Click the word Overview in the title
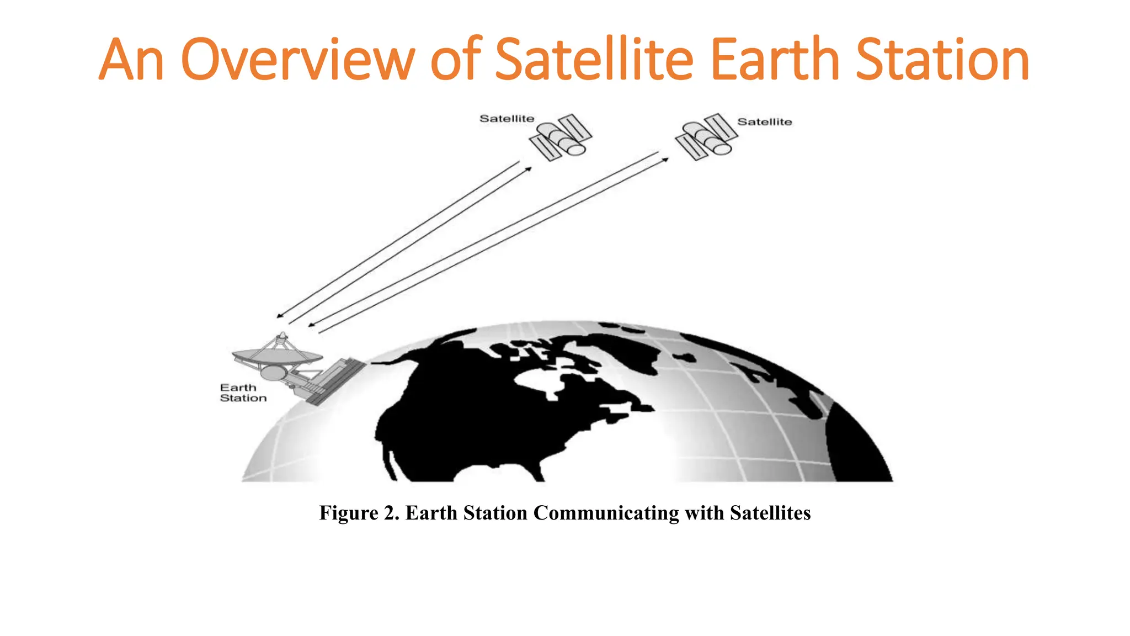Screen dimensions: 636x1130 (x=298, y=59)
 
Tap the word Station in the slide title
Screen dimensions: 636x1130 (x=942, y=59)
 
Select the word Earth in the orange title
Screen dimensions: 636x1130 (x=777, y=59)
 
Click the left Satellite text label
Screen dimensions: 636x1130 (x=507, y=119)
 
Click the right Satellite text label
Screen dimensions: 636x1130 (x=764, y=122)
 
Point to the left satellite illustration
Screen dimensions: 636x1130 (x=561, y=138)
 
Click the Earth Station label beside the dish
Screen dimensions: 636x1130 (x=243, y=393)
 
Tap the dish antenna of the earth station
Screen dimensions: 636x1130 (x=277, y=357)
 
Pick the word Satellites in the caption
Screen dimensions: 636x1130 (x=770, y=513)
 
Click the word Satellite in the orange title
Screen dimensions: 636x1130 (x=594, y=59)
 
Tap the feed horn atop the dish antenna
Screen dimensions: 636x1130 (x=282, y=337)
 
